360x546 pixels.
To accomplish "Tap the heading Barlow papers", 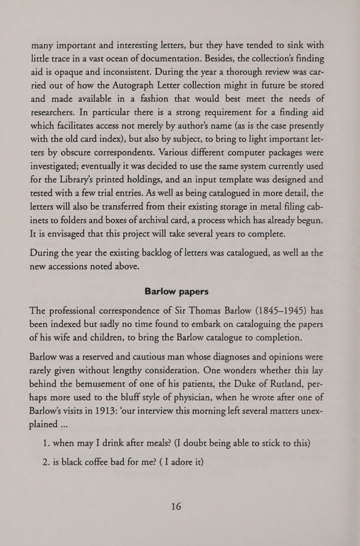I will [x=180, y=291].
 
